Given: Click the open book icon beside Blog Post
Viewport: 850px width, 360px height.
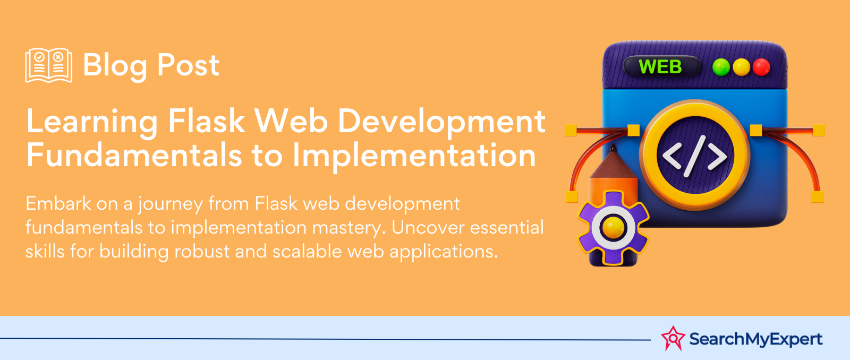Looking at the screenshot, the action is (48, 65).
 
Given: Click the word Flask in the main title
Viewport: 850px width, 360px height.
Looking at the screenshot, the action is (207, 121).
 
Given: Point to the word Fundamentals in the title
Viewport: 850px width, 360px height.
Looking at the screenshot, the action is (134, 154).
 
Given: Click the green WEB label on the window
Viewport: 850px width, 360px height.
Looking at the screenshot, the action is (660, 67).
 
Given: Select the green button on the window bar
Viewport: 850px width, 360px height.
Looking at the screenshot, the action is (721, 67).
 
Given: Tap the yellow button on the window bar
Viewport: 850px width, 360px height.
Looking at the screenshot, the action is (741, 67).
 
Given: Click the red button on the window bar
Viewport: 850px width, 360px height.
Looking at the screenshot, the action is (761, 67).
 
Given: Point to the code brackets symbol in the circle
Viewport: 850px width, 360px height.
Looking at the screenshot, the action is (694, 156).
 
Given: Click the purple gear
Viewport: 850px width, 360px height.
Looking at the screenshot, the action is (613, 227).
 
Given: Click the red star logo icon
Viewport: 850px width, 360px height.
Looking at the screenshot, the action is (673, 338).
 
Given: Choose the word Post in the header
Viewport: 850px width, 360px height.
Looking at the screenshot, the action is (188, 65).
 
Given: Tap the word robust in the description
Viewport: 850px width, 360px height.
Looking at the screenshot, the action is (201, 251).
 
